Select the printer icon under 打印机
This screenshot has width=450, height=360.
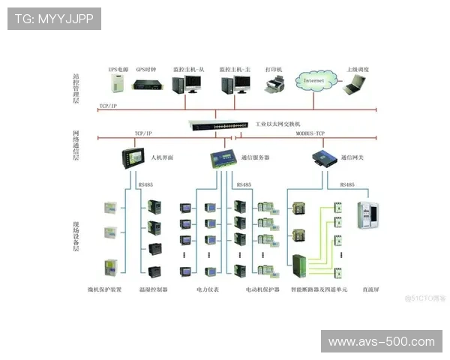(275, 85)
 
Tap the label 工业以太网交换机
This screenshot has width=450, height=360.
(277, 124)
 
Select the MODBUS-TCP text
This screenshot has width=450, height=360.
(309, 133)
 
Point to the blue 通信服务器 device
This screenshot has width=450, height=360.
(223, 159)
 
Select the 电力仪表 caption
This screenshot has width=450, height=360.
(208, 289)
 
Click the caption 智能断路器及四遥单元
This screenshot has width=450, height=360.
(319, 289)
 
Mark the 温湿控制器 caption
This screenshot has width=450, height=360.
(154, 289)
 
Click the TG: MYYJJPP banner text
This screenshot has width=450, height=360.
(54, 19)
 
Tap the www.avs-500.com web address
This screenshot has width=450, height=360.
(381, 342)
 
